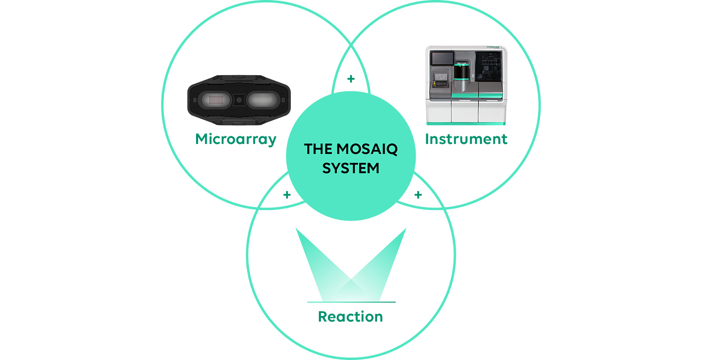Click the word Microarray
[x=236, y=139]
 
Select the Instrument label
[x=466, y=139]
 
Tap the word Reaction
[x=350, y=316]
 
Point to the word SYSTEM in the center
[x=350, y=168]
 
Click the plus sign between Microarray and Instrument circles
[x=350, y=79]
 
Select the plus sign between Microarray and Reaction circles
[x=287, y=195]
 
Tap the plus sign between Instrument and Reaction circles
[x=418, y=195]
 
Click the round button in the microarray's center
[x=239, y=100]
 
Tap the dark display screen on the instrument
[x=439, y=59]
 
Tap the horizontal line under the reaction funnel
[x=351, y=302]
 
